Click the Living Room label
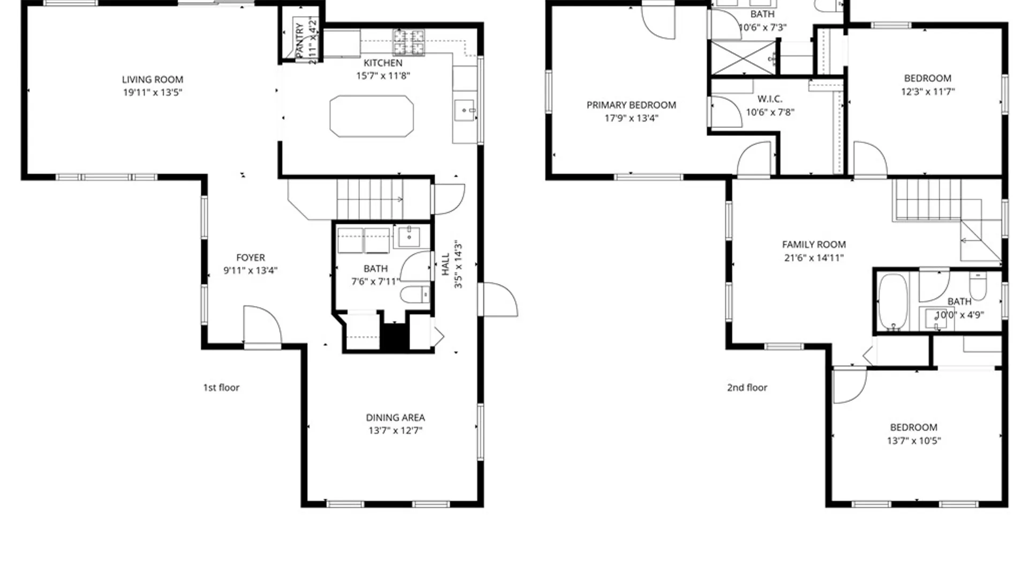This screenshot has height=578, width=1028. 153,80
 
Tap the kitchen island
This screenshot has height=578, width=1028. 372,116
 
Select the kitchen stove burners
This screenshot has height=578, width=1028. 409,42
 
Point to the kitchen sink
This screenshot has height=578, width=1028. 464,111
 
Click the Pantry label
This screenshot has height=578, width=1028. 300,40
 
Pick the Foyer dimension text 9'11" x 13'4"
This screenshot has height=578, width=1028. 250,270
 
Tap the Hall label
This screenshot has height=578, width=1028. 446,264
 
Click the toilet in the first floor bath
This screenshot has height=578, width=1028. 415,294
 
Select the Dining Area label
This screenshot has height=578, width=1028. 395,417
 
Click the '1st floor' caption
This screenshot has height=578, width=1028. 221,387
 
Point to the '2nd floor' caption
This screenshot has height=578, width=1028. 747,387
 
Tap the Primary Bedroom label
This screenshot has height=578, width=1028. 631,105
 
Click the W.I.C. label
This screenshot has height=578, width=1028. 770,99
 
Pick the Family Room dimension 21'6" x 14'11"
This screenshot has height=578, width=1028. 814,258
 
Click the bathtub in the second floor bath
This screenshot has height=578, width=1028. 893,302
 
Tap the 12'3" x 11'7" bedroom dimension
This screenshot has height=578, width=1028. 928,92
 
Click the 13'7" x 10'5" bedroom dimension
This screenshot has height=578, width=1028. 914,441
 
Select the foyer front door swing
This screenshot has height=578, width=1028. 262,325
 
